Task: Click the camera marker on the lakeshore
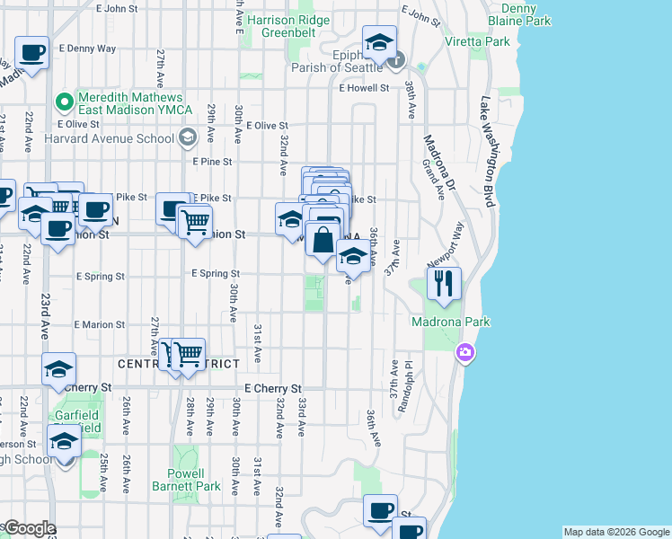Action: click(464, 351)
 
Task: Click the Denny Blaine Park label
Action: click(514, 14)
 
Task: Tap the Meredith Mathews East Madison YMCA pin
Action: click(64, 100)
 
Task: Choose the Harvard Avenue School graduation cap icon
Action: click(188, 137)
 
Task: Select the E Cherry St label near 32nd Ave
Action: click(272, 387)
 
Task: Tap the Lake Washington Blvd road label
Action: click(489, 153)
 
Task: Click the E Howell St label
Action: click(364, 88)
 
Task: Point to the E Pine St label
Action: click(213, 162)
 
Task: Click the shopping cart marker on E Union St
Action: click(195, 221)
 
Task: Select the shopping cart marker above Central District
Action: click(187, 355)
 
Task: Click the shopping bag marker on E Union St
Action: click(323, 240)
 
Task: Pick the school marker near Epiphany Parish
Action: click(380, 41)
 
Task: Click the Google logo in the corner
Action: click(30, 528)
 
